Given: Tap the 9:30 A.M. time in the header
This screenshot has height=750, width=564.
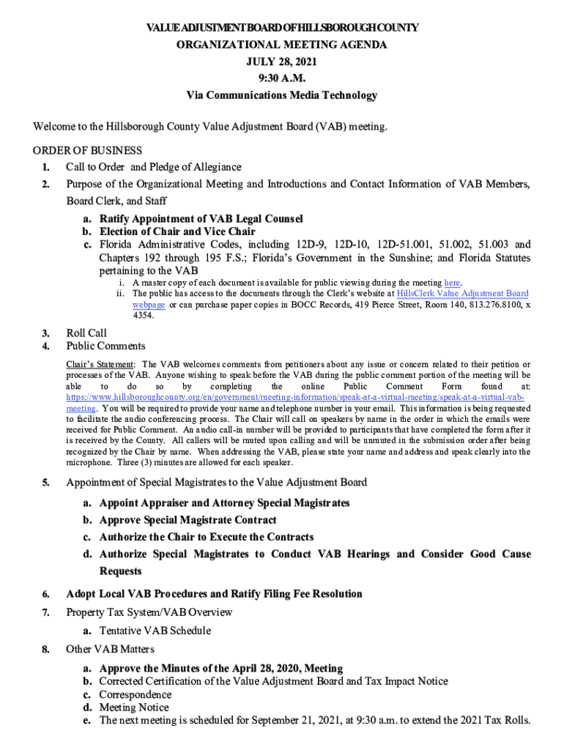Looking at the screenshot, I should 282,78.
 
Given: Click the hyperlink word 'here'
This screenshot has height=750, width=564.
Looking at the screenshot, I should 452,283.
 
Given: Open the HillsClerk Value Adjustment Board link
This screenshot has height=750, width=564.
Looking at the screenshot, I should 462,294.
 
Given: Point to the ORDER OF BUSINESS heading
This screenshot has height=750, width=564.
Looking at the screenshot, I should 87,151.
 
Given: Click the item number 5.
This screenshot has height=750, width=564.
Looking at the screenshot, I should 45,483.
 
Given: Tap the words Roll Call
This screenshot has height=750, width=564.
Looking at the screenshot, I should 86,333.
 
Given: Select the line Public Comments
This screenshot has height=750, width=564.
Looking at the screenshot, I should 105,346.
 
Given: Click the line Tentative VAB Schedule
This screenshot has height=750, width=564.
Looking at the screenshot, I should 155,631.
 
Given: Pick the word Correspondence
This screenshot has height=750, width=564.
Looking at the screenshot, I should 136,694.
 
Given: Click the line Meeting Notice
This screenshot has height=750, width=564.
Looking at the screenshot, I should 134,708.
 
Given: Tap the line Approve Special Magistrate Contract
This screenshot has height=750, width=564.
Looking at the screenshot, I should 188,520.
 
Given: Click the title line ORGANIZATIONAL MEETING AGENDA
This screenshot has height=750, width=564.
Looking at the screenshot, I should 282,45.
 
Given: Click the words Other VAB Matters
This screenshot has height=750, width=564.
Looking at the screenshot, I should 110,649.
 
